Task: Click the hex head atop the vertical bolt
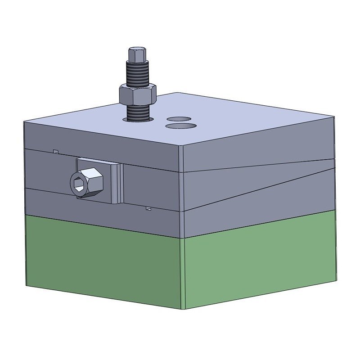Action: (138, 55)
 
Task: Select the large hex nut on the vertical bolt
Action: (137, 94)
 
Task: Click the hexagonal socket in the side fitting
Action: (77, 183)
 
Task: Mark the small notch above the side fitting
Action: (56, 151)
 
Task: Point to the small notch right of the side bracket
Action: (148, 208)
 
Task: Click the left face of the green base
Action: (103, 261)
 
